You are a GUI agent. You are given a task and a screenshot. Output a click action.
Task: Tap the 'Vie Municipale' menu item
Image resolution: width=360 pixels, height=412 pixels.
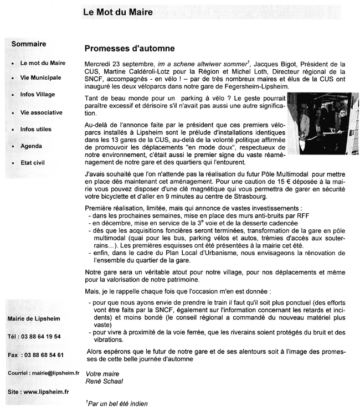tap(40, 78)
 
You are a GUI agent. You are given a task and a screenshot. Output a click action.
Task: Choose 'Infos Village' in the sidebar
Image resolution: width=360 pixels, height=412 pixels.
tap(38, 95)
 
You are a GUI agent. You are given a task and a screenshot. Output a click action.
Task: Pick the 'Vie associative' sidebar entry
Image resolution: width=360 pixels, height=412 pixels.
tap(41, 112)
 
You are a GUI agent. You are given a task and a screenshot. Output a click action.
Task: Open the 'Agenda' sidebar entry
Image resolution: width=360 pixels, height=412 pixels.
tap(31, 146)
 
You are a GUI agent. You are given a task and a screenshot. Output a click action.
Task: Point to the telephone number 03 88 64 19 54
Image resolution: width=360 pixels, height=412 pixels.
tap(43, 336)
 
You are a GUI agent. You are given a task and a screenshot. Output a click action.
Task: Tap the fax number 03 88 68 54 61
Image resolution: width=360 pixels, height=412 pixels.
tap(44, 354)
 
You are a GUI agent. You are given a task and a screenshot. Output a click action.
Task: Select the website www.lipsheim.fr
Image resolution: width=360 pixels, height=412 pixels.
tap(47, 392)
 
